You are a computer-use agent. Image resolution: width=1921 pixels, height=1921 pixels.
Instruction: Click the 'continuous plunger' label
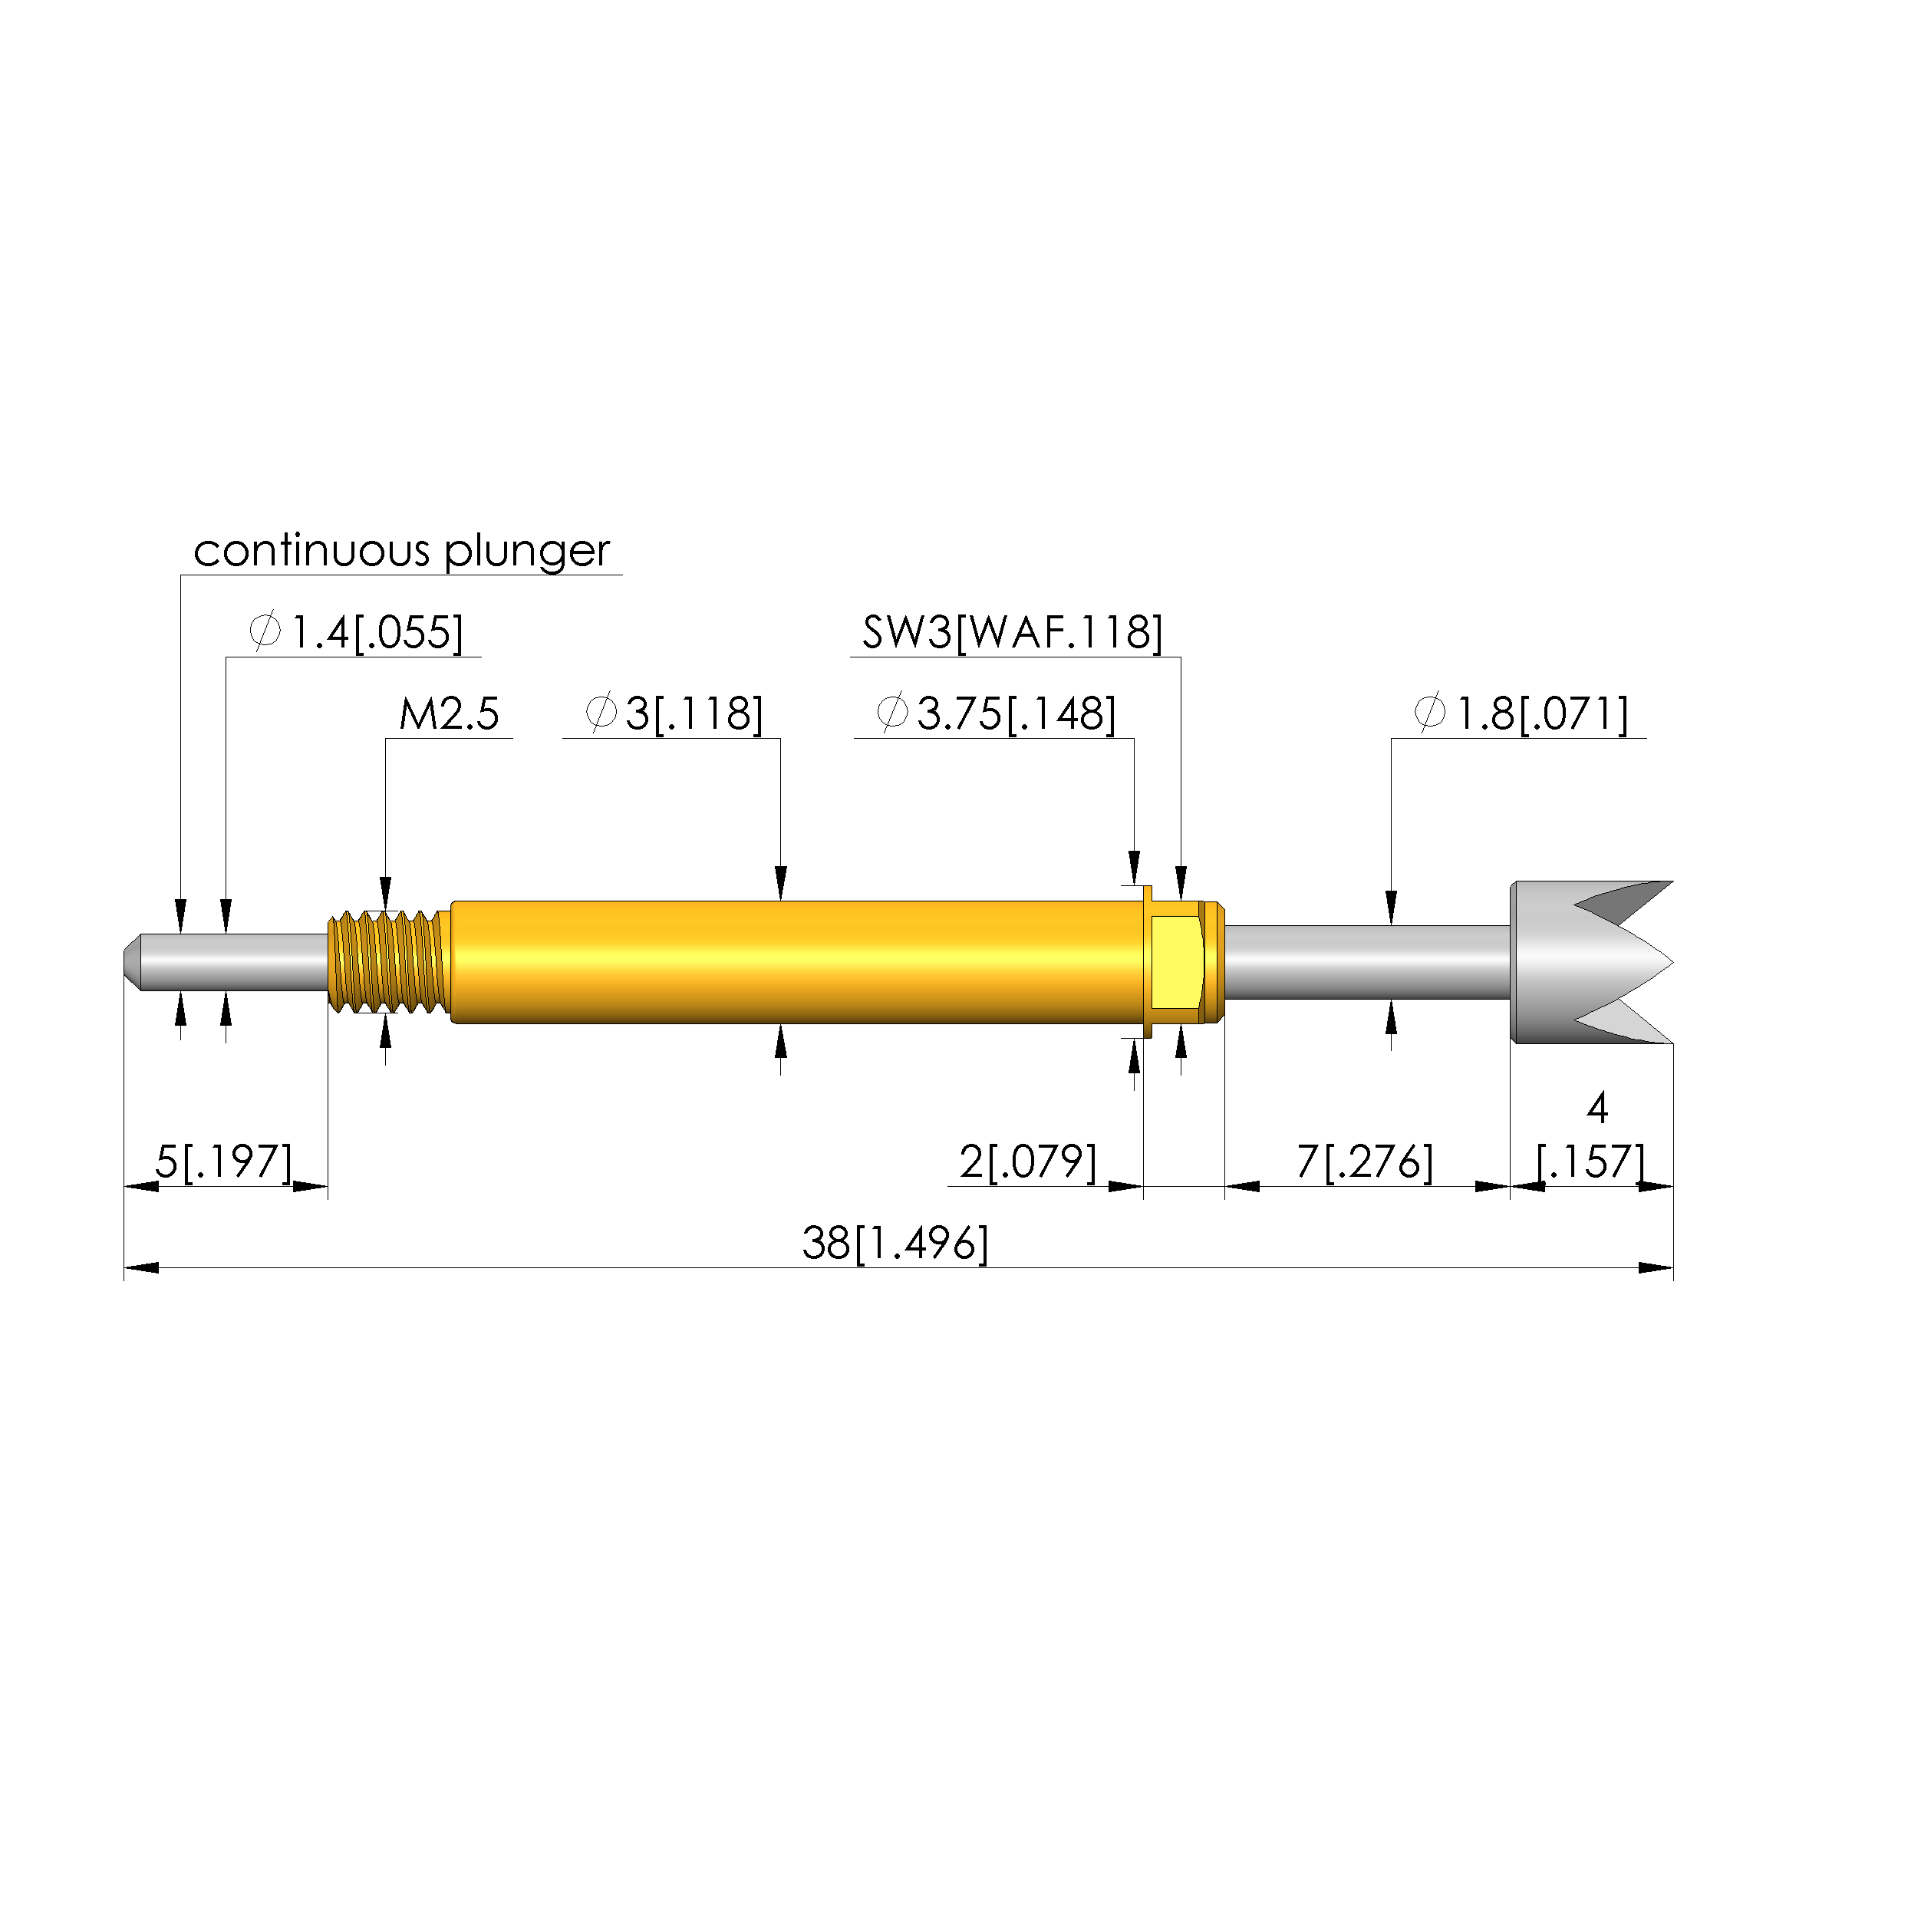click(x=402, y=552)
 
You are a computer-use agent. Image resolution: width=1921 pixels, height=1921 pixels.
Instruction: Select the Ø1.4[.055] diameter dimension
click(x=356, y=632)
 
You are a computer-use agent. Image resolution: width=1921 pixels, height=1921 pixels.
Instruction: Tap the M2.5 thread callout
click(x=449, y=714)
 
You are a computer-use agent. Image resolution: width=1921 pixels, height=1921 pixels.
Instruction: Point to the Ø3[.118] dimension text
click(x=674, y=714)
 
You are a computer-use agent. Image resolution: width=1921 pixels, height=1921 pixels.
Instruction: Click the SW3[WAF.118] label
click(x=1012, y=632)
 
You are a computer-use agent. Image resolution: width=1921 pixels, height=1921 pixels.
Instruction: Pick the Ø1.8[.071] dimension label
click(x=1521, y=714)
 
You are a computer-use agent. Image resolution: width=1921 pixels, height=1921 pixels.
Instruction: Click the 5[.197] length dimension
click(x=225, y=1161)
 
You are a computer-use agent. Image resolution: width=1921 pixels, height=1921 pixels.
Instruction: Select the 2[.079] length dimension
click(x=1028, y=1161)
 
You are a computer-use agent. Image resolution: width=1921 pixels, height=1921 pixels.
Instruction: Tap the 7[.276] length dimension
click(x=1365, y=1161)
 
